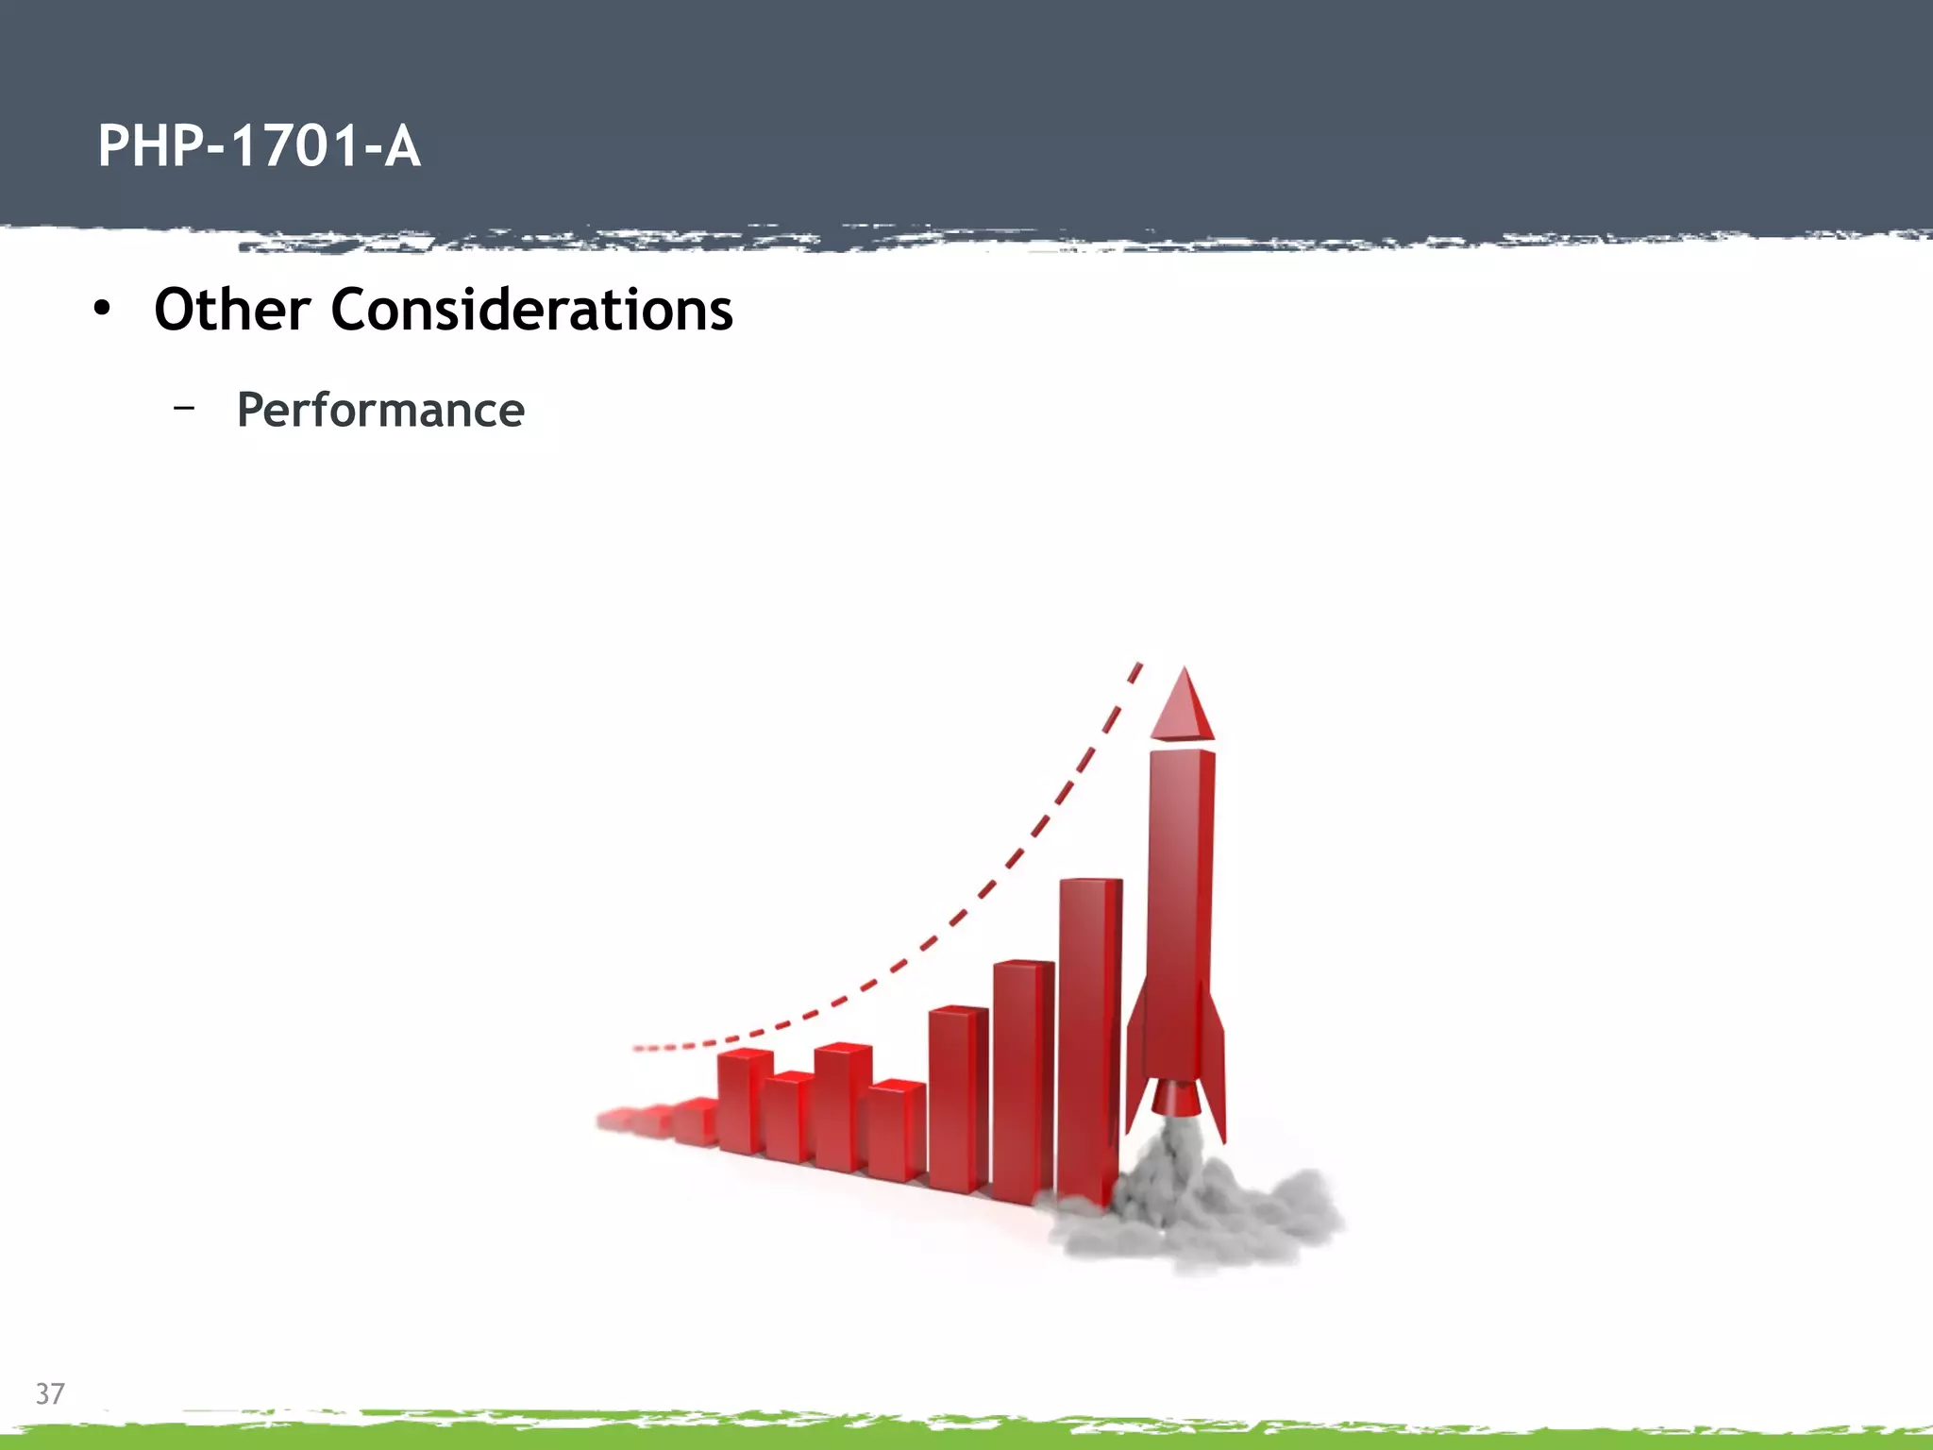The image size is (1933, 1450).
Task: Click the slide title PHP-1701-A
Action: pos(259,147)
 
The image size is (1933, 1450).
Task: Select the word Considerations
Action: pos(531,310)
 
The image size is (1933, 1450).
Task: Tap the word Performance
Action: pos(379,410)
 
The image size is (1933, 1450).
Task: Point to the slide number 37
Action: pos(50,1393)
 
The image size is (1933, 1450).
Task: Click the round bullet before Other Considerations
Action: pos(102,309)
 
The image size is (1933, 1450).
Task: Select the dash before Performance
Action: pos(184,408)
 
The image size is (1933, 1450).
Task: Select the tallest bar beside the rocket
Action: pos(1088,1038)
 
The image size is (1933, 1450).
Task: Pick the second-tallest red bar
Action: pos(1021,1081)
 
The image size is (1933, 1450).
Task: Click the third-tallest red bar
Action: pos(957,1100)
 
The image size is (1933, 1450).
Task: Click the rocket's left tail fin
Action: pos(1135,1067)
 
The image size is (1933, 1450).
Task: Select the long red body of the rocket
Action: pos(1181,906)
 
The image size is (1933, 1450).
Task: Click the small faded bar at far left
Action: pos(615,1120)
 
